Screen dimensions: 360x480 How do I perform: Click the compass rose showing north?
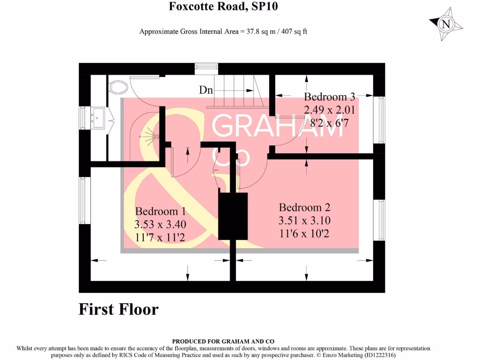pos(446,24)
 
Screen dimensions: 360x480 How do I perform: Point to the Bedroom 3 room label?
pos(330,97)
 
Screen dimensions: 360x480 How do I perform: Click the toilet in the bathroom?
pos(119,87)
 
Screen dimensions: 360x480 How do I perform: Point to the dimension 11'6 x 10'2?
pos(304,233)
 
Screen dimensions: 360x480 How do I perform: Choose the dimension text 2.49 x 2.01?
pos(330,111)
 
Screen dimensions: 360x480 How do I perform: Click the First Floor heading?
pos(118,309)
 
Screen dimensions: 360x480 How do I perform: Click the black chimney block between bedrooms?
pos(232,216)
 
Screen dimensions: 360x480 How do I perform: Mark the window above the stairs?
pos(207,69)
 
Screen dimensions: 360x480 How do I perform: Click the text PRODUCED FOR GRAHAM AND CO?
pos(223,342)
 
